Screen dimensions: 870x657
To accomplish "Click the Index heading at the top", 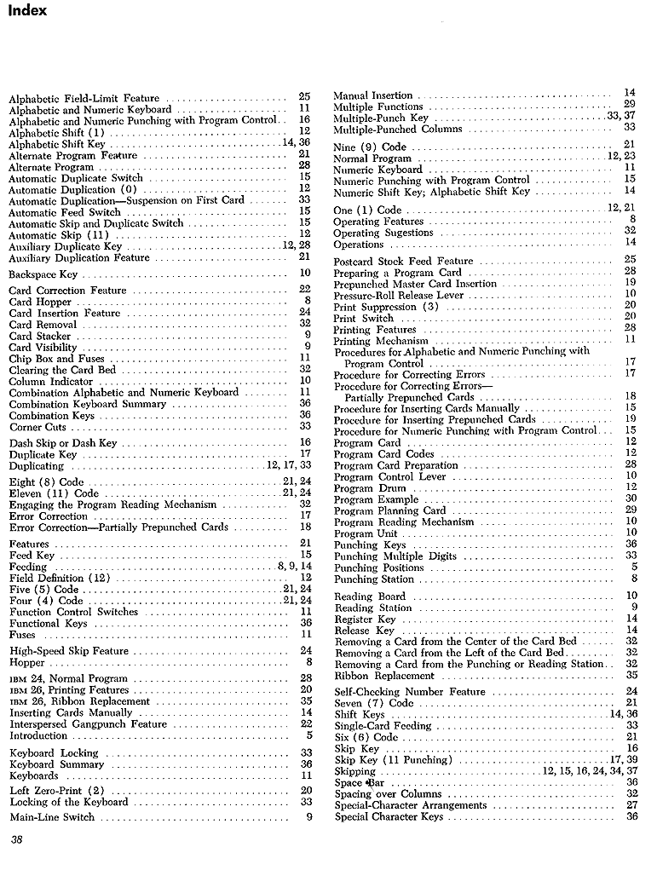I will (x=26, y=10).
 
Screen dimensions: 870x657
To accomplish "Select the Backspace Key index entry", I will (x=43, y=274).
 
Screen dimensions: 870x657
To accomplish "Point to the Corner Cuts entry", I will (x=37, y=427).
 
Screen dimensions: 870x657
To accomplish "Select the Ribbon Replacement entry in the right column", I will (x=379, y=676).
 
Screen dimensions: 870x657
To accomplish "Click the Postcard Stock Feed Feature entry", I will (x=403, y=261).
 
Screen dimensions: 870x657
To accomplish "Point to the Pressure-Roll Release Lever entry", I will (x=399, y=295).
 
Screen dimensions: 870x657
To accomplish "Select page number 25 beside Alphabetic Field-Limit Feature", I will (x=304, y=98).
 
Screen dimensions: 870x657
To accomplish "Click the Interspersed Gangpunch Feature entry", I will (x=88, y=724).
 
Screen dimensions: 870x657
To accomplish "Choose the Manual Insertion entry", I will (x=372, y=95).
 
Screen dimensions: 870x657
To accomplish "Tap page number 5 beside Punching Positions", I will (x=633, y=568).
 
